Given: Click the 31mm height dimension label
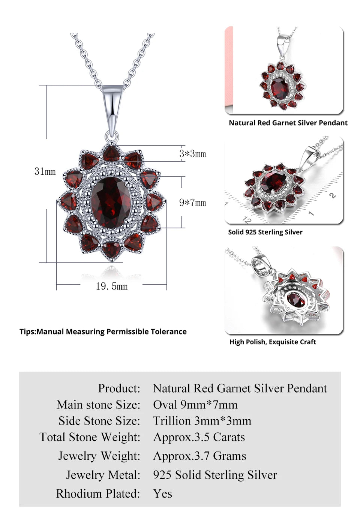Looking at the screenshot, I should [x=45, y=171].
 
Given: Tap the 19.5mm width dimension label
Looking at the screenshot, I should [x=111, y=286].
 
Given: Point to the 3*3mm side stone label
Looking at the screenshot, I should [x=192, y=154].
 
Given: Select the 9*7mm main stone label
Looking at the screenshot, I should [x=192, y=203].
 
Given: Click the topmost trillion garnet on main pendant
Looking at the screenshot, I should [x=111, y=153].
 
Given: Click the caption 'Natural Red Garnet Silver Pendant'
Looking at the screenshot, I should [x=288, y=123].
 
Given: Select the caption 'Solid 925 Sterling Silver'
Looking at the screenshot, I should [x=265, y=232].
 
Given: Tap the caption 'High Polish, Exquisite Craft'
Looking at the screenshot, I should [x=273, y=342].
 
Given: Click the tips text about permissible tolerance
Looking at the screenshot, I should [x=103, y=331].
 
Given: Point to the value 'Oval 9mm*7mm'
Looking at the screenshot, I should [x=195, y=405].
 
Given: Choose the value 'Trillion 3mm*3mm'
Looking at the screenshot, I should [x=202, y=421].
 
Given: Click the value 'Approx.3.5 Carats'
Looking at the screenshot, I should [x=199, y=437].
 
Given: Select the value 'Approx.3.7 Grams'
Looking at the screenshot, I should [x=199, y=456].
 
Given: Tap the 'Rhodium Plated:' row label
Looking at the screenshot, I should [x=98, y=493].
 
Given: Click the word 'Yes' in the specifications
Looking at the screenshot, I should [x=162, y=493].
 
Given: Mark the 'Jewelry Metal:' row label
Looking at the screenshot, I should [x=103, y=475].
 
